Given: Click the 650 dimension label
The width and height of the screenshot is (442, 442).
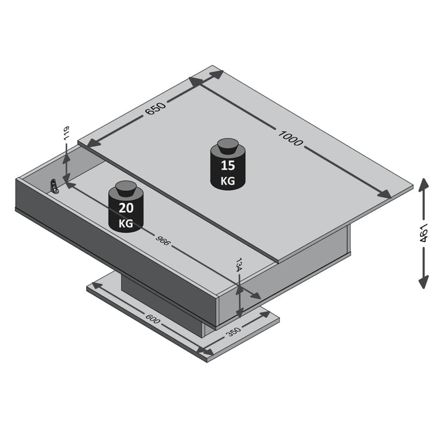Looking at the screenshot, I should coord(156,107).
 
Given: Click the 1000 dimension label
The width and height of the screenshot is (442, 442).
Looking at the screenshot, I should coord(290,139).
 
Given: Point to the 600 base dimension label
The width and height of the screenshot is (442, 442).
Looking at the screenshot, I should coord(153,318).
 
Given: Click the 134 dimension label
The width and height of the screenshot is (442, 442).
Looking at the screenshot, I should coord(238,266).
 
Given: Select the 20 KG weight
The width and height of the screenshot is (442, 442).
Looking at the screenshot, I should coord(126,210).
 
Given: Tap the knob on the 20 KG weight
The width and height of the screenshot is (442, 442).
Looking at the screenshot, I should coord(126,187).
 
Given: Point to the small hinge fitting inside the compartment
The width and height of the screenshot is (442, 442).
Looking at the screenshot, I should coord(54,186).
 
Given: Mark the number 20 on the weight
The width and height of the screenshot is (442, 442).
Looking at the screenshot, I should coord(126,207).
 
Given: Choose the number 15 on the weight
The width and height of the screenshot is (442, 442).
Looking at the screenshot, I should coord(228,166).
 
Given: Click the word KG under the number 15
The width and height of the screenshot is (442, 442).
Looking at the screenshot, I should coord(228,180).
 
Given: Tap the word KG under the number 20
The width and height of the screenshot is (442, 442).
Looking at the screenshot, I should coord(126,222).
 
